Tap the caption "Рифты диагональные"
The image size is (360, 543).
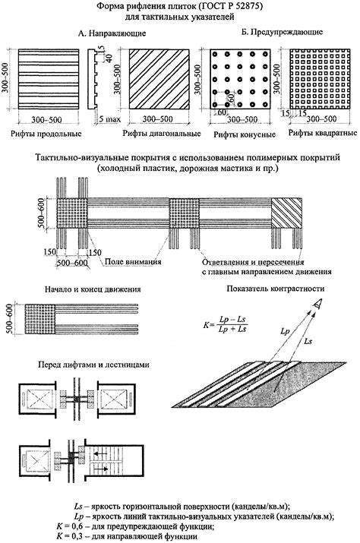162,134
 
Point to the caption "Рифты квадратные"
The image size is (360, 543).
323,133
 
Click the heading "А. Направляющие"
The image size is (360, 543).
112,33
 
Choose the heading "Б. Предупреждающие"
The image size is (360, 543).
282,32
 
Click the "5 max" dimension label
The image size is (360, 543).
109,119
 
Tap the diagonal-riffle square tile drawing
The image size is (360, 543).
159,79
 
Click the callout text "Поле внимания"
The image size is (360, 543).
133,261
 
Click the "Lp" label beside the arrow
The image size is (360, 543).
285,331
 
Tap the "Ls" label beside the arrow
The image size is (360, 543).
308,341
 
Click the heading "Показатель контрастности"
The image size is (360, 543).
276,289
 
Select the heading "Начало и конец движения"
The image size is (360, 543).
93,289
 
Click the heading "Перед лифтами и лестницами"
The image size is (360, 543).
94,365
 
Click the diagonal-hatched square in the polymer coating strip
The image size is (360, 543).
286,213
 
